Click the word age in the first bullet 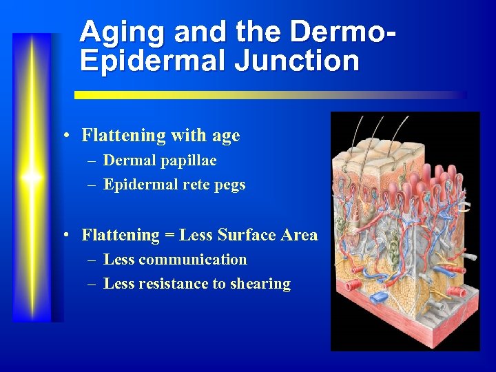(x=226, y=136)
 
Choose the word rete (x=194, y=185)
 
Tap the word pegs (x=230, y=185)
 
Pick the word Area (x=300, y=235)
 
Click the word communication (x=192, y=260)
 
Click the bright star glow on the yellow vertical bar (x=32, y=177)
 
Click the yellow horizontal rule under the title (x=269, y=95)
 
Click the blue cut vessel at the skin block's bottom (x=378, y=297)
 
